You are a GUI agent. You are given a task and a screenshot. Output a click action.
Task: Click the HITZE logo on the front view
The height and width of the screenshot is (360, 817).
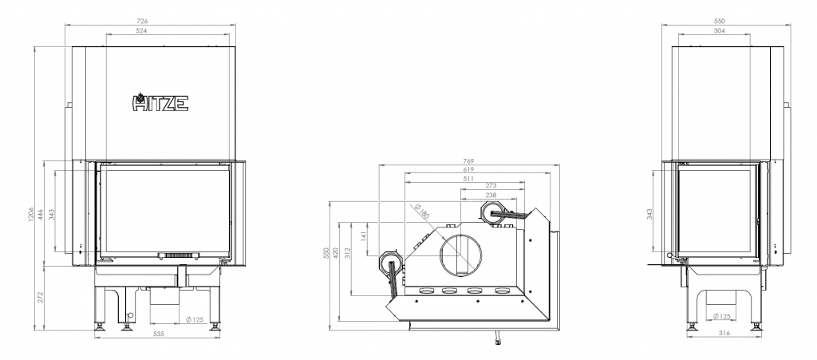click(x=160, y=102)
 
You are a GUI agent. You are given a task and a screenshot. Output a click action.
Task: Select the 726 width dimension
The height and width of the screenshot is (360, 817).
click(x=142, y=22)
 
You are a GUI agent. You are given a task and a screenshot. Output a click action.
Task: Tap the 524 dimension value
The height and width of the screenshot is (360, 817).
click(x=142, y=31)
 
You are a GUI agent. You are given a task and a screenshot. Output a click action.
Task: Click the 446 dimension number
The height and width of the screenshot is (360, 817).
click(x=41, y=214)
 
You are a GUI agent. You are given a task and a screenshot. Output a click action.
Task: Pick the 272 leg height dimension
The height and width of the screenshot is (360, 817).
click(x=41, y=298)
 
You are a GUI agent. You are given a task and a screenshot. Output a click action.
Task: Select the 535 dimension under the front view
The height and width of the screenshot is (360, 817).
click(x=159, y=334)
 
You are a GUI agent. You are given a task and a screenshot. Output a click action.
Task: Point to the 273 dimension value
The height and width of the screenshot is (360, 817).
click(x=491, y=185)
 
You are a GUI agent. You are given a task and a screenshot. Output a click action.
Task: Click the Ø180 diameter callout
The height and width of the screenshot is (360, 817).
click(x=421, y=210)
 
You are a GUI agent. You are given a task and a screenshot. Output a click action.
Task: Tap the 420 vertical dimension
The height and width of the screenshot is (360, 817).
click(x=336, y=253)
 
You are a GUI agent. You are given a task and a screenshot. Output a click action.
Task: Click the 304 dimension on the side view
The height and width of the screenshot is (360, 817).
click(x=719, y=31)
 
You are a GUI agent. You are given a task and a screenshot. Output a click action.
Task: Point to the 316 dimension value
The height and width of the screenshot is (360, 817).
click(x=724, y=334)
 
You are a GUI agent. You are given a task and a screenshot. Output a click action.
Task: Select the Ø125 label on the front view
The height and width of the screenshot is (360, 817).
click(x=195, y=319)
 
